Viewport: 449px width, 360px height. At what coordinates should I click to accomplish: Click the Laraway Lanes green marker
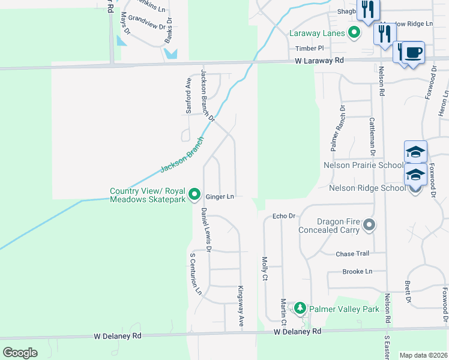[355, 32]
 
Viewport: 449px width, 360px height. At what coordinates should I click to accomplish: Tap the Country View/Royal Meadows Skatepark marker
[194, 195]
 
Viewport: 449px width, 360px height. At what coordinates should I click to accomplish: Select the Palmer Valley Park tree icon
[299, 309]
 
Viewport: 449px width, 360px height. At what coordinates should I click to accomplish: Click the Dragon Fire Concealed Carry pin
[369, 226]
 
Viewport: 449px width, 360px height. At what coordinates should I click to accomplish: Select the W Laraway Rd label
[319, 61]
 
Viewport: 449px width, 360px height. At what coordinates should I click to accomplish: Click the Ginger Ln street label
[219, 196]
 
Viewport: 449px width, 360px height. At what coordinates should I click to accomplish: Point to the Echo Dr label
[285, 216]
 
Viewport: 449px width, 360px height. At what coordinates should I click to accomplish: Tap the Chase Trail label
[353, 254]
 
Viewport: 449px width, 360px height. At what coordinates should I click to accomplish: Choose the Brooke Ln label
[357, 271]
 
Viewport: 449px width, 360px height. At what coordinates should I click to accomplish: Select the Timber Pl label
[309, 48]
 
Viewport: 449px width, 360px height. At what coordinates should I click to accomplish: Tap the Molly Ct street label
[265, 269]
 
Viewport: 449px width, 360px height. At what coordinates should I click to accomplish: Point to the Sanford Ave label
[188, 97]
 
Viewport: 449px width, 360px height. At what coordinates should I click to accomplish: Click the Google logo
[20, 353]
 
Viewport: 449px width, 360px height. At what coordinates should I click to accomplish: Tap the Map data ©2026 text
[423, 355]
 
